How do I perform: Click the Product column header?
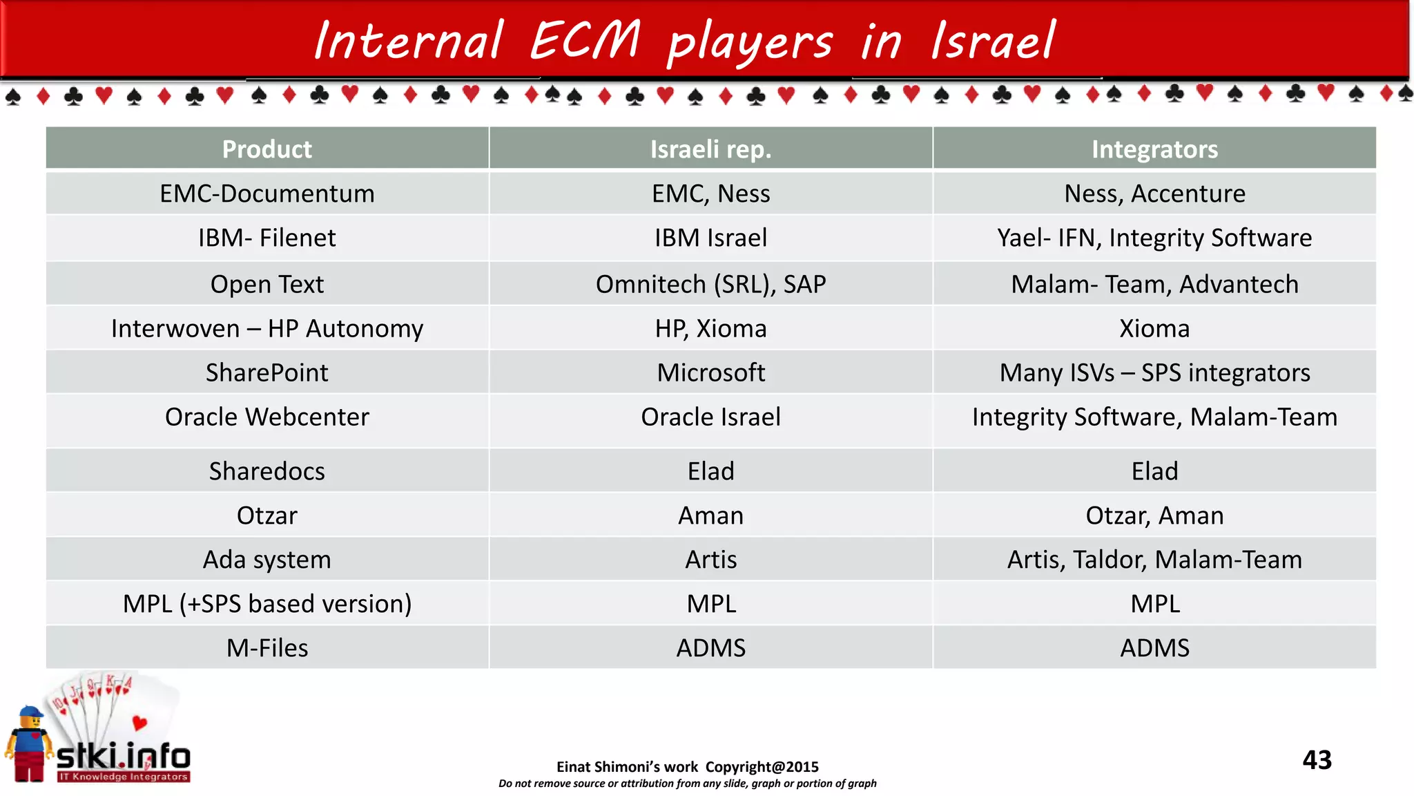pyautogui.click(x=267, y=149)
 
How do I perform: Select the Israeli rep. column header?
pyautogui.click(x=710, y=149)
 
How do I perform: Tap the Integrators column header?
pyautogui.click(x=1154, y=149)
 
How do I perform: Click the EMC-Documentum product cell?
pyautogui.click(x=267, y=193)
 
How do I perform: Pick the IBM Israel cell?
pyautogui.click(x=710, y=238)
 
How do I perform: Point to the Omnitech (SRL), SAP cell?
pyautogui.click(x=710, y=284)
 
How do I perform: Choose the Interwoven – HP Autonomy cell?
pyautogui.click(x=267, y=328)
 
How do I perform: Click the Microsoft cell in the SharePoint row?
pyautogui.click(x=710, y=372)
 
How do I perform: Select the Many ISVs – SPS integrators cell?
pyautogui.click(x=1154, y=372)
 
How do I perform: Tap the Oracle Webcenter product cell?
pyautogui.click(x=267, y=417)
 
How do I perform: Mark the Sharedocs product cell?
pyautogui.click(x=267, y=471)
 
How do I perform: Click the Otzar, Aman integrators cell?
pyautogui.click(x=1154, y=515)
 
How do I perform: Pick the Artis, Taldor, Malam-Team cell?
pyautogui.click(x=1154, y=560)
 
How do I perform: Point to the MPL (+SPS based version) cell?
pyautogui.click(x=267, y=604)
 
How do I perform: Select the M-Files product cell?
pyautogui.click(x=267, y=648)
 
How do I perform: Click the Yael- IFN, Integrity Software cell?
pyautogui.click(x=1154, y=238)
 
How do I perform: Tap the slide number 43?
pyautogui.click(x=1317, y=760)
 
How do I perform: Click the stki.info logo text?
pyautogui.click(x=123, y=757)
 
